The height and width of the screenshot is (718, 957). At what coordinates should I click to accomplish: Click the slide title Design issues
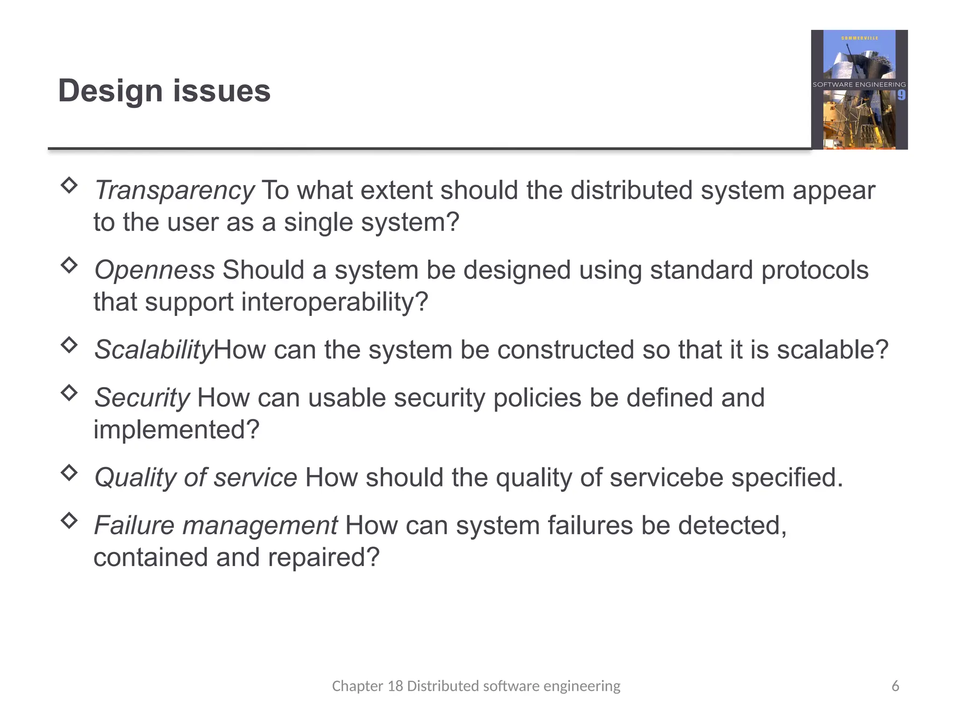tap(164, 91)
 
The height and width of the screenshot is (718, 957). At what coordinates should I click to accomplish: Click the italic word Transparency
tap(174, 191)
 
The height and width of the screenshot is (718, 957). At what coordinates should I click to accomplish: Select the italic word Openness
tap(155, 270)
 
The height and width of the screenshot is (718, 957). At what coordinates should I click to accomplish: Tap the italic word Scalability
tap(154, 350)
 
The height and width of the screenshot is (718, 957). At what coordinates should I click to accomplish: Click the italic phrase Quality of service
tap(196, 478)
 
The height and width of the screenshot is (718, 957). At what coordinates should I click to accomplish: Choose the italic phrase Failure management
tap(216, 525)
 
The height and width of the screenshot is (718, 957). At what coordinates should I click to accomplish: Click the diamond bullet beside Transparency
tap(69, 185)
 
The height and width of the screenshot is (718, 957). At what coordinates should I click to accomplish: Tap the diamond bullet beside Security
tap(69, 392)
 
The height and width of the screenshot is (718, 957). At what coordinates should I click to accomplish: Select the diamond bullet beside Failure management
tap(69, 520)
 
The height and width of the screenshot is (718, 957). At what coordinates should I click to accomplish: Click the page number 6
tap(895, 686)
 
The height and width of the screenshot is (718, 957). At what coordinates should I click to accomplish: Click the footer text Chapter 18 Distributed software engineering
tap(476, 686)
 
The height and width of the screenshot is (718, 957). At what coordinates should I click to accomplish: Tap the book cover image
tap(859, 90)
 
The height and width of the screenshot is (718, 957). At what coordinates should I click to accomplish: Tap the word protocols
tap(815, 270)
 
